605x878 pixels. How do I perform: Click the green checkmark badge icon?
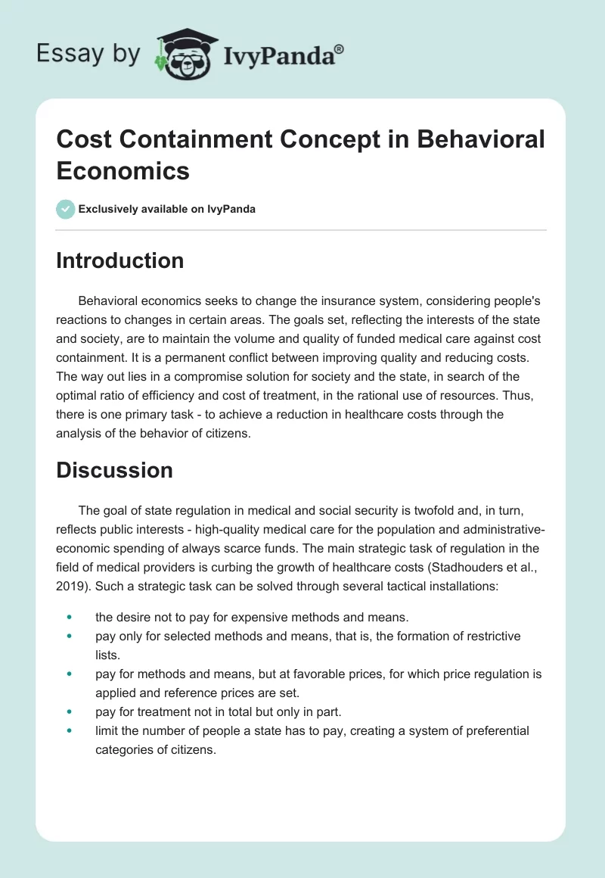tap(66, 209)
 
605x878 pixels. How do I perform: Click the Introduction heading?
tap(120, 261)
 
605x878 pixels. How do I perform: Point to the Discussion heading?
tap(115, 470)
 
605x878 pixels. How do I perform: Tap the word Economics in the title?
tap(123, 170)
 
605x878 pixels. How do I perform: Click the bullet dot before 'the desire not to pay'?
tap(70, 619)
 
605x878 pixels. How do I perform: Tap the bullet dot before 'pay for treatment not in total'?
tap(70, 711)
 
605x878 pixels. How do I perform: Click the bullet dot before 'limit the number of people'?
tap(70, 731)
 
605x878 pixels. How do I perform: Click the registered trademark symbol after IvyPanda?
tap(340, 48)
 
